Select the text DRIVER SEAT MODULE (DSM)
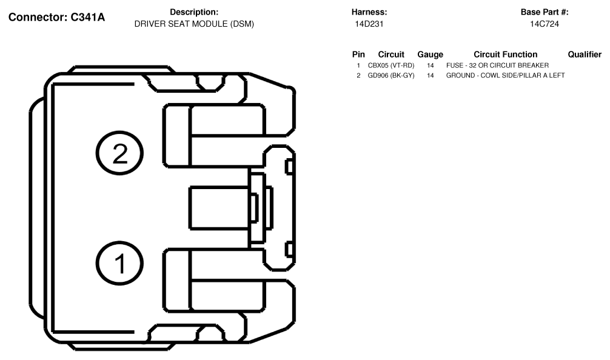coord(194,24)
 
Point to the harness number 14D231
coord(369,24)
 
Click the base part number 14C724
coord(544,24)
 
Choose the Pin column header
coord(358,55)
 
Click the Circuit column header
coord(391,55)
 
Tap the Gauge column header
coord(430,55)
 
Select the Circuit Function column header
coord(505,55)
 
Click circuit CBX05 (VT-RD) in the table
coord(390,65)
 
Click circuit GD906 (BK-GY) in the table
coord(390,75)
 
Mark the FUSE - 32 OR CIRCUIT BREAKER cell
coord(497,65)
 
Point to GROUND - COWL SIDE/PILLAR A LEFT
coord(505,75)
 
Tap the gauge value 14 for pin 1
coord(431,65)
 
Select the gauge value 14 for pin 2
coord(431,75)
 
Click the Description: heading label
coord(194,12)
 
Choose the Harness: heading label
coord(369,12)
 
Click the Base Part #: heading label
coord(544,12)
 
